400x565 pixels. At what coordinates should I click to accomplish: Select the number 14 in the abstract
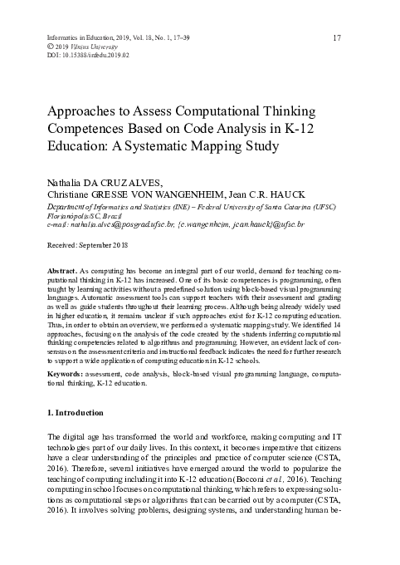pos(349,341)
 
